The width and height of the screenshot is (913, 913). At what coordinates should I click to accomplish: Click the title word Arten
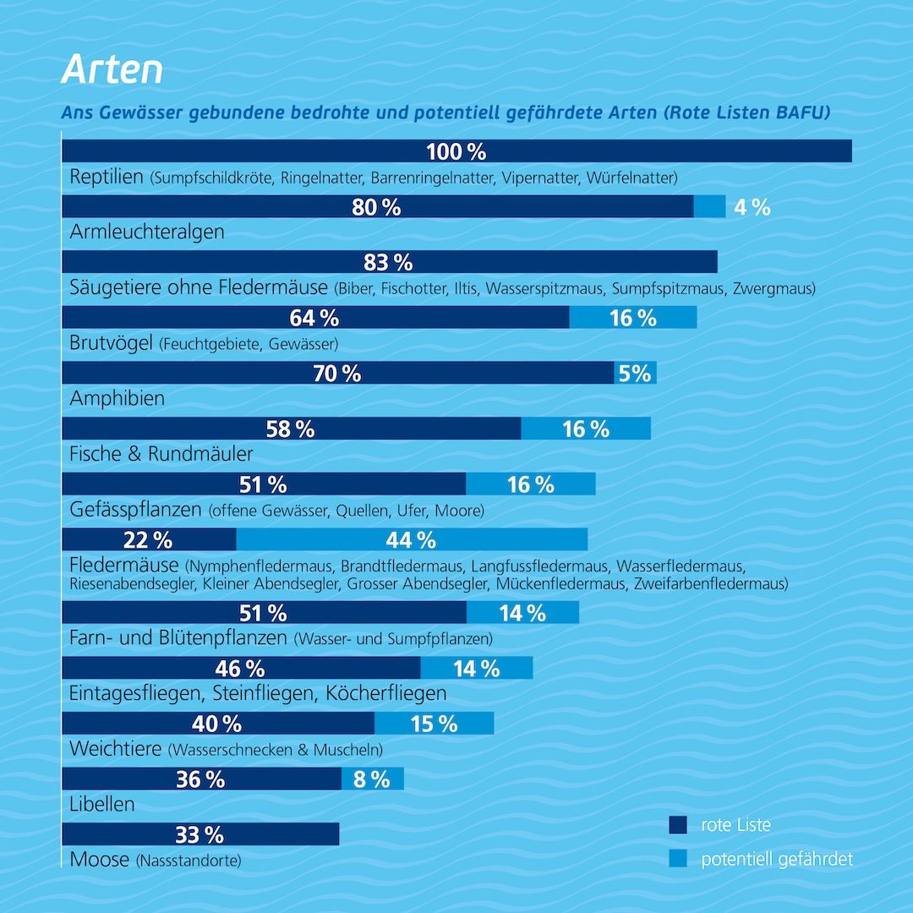click(112, 70)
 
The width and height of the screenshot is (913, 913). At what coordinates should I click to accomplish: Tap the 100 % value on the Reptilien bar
click(456, 151)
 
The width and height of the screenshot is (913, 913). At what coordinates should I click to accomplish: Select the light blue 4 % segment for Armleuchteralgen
click(709, 206)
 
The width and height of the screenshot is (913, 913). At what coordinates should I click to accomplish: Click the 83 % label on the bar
click(389, 262)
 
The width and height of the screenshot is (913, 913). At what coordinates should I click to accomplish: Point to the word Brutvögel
click(111, 343)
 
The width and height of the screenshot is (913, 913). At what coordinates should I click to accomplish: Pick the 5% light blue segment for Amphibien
click(635, 373)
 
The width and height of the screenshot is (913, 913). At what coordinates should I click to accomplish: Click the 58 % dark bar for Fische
click(291, 429)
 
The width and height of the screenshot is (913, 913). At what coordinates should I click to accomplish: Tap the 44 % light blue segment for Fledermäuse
click(412, 539)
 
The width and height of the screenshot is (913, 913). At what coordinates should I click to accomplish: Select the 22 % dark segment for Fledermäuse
click(149, 539)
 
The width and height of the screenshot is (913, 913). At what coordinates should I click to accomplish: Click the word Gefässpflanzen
click(135, 510)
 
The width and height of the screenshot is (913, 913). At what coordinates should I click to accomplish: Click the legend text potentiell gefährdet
click(777, 860)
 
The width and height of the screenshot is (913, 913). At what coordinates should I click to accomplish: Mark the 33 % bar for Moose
click(200, 834)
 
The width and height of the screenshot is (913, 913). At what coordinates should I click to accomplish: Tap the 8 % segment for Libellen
click(372, 779)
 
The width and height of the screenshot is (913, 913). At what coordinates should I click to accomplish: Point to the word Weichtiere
click(117, 749)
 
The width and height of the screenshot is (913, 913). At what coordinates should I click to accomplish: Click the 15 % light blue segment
click(434, 724)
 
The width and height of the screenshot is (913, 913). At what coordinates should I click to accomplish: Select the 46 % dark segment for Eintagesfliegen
click(241, 669)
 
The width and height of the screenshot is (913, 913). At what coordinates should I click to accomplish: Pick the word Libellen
click(102, 804)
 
